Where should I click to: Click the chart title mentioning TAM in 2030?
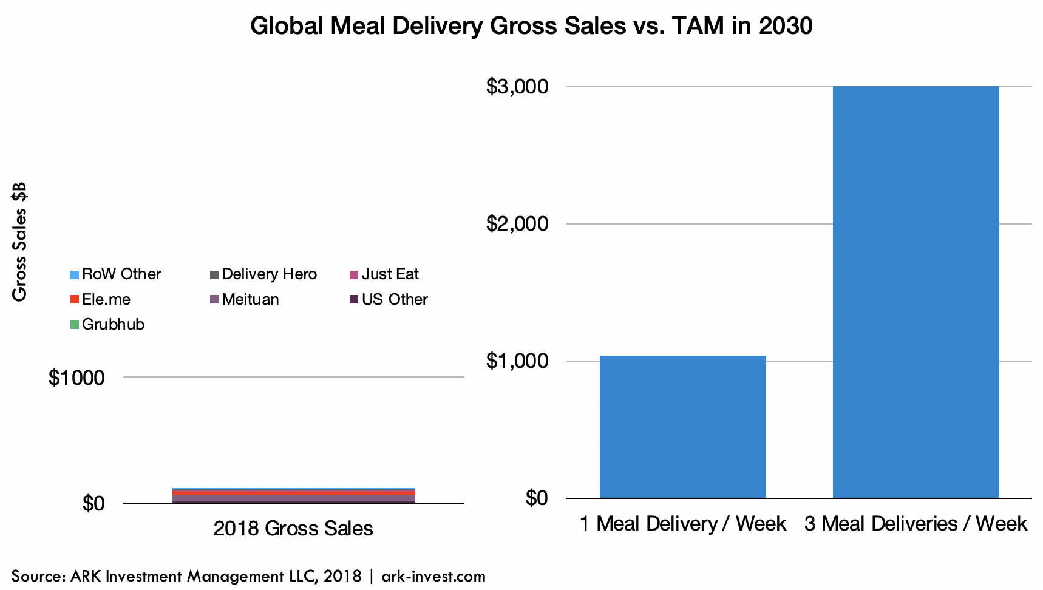(x=531, y=27)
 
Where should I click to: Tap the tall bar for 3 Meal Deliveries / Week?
(x=916, y=292)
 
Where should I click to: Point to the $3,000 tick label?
(x=517, y=87)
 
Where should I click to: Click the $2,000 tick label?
(x=517, y=224)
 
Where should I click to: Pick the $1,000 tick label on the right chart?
(x=517, y=361)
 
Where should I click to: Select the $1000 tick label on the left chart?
(x=76, y=378)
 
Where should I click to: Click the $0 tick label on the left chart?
(x=93, y=503)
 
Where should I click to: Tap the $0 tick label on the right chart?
(x=536, y=498)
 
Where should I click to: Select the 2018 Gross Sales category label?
(x=293, y=529)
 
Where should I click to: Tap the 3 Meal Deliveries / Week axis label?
(x=916, y=524)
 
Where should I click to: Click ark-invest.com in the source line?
(x=433, y=576)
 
